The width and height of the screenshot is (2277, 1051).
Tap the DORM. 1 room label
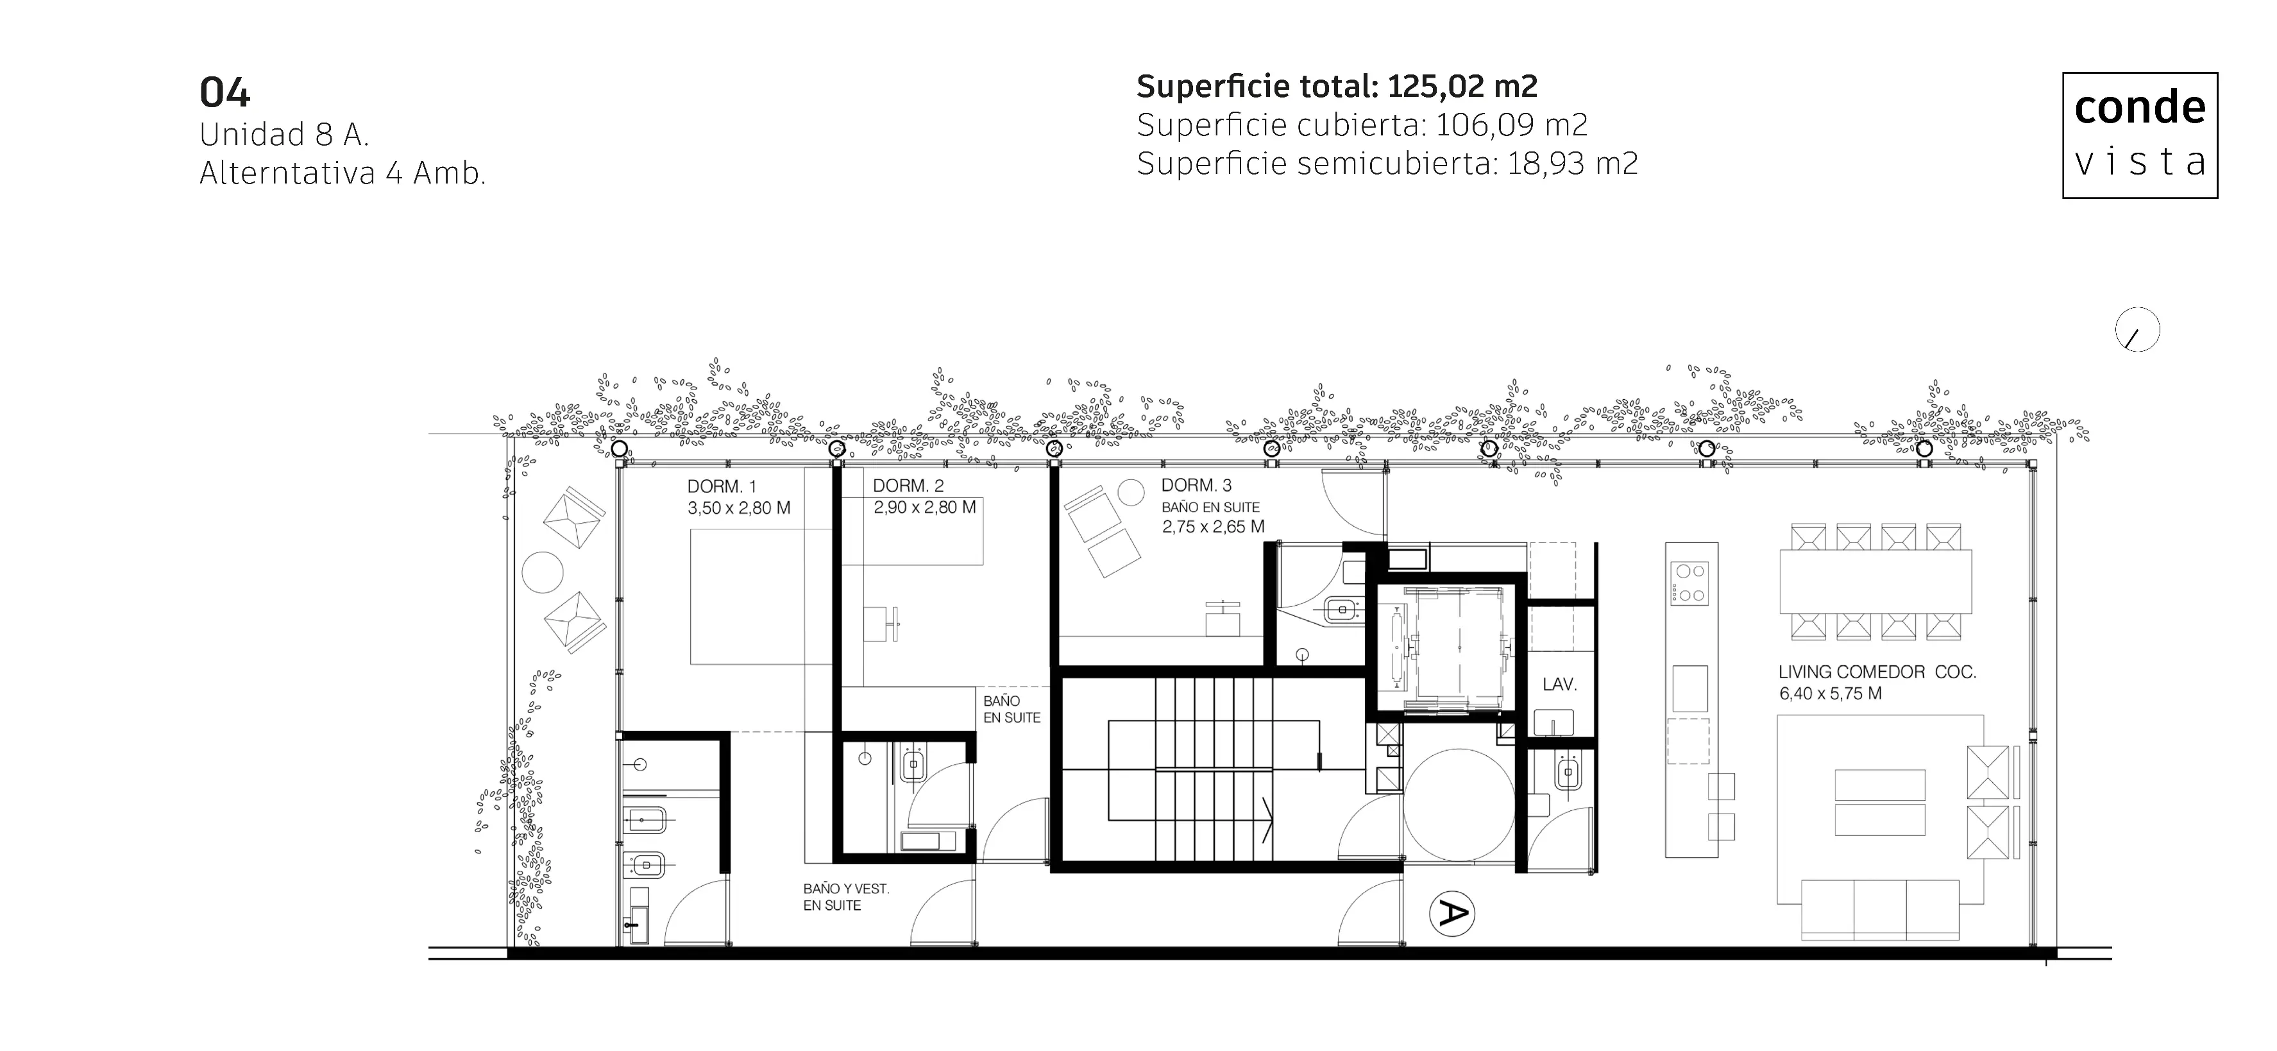pos(722,486)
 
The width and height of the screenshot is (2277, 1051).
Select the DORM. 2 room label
pos(908,485)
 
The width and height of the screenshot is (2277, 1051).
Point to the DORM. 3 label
pos(1196,485)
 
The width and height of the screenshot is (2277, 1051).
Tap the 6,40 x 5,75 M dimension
pos(1831,694)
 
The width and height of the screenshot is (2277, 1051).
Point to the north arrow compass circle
pos(2137,330)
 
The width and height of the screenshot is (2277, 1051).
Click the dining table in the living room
pos(1875,581)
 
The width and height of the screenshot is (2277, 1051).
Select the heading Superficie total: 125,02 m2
pos(1337,87)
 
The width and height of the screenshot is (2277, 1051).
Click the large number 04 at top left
pos(224,93)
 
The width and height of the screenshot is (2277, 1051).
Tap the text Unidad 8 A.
pos(284,134)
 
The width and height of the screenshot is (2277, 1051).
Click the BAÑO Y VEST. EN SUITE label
pos(846,897)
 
